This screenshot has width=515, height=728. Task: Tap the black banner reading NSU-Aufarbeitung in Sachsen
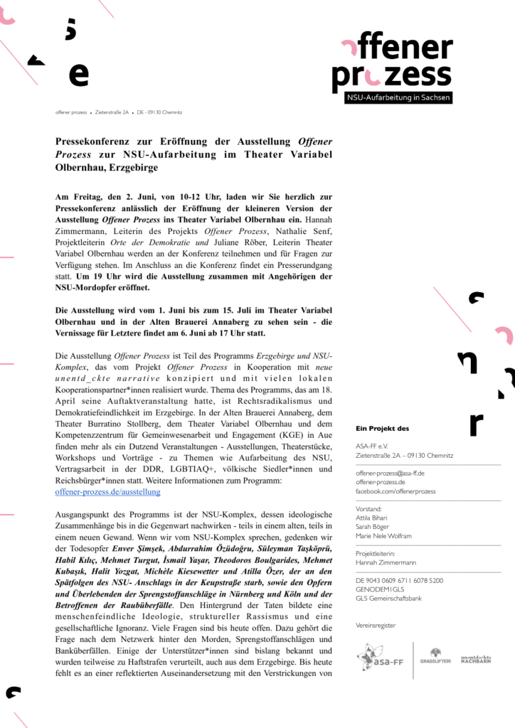(398, 97)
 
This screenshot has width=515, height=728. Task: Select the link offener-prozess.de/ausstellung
(107, 491)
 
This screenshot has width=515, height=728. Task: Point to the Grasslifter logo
(435, 657)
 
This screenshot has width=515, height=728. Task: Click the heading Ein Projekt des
(382, 428)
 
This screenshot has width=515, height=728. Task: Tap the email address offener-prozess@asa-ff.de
(390, 473)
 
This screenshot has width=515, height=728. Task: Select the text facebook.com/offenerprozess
(395, 491)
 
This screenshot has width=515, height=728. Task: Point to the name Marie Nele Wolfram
(383, 536)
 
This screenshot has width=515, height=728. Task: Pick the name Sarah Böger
(373, 527)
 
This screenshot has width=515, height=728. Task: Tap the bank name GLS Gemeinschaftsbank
(388, 599)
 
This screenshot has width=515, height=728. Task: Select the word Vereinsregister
(376, 625)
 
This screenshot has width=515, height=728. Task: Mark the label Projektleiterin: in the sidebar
(375, 553)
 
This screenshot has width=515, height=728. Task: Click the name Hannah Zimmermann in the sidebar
(386, 562)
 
